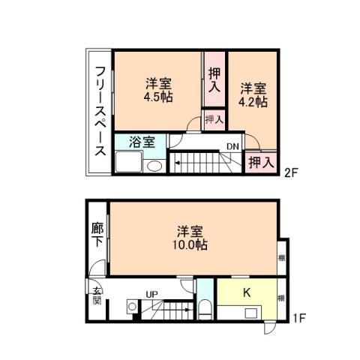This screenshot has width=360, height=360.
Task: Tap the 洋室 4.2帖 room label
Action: pyautogui.click(x=252, y=94)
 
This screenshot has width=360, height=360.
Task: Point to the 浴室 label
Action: pyautogui.click(x=141, y=142)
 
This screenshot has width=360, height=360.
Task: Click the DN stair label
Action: pyautogui.click(x=232, y=147)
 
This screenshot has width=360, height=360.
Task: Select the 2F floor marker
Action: pyautogui.click(x=292, y=172)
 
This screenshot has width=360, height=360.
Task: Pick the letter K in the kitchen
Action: pyautogui.click(x=246, y=293)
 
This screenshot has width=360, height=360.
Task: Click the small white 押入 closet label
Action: pyautogui.click(x=214, y=118)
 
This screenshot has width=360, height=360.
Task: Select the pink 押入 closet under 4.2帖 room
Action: pyautogui.click(x=259, y=161)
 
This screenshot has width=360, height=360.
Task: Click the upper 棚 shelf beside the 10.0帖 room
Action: pyautogui.click(x=280, y=258)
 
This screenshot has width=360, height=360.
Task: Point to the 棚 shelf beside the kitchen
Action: pyautogui.click(x=280, y=298)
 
